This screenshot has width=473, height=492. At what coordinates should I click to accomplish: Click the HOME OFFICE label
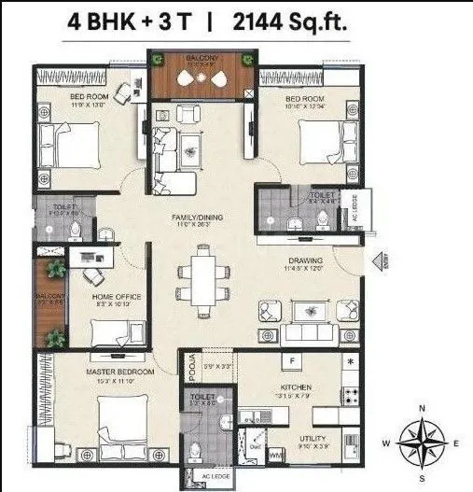[x=116, y=297]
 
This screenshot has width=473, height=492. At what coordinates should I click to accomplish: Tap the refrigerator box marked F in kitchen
[x=292, y=359]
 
